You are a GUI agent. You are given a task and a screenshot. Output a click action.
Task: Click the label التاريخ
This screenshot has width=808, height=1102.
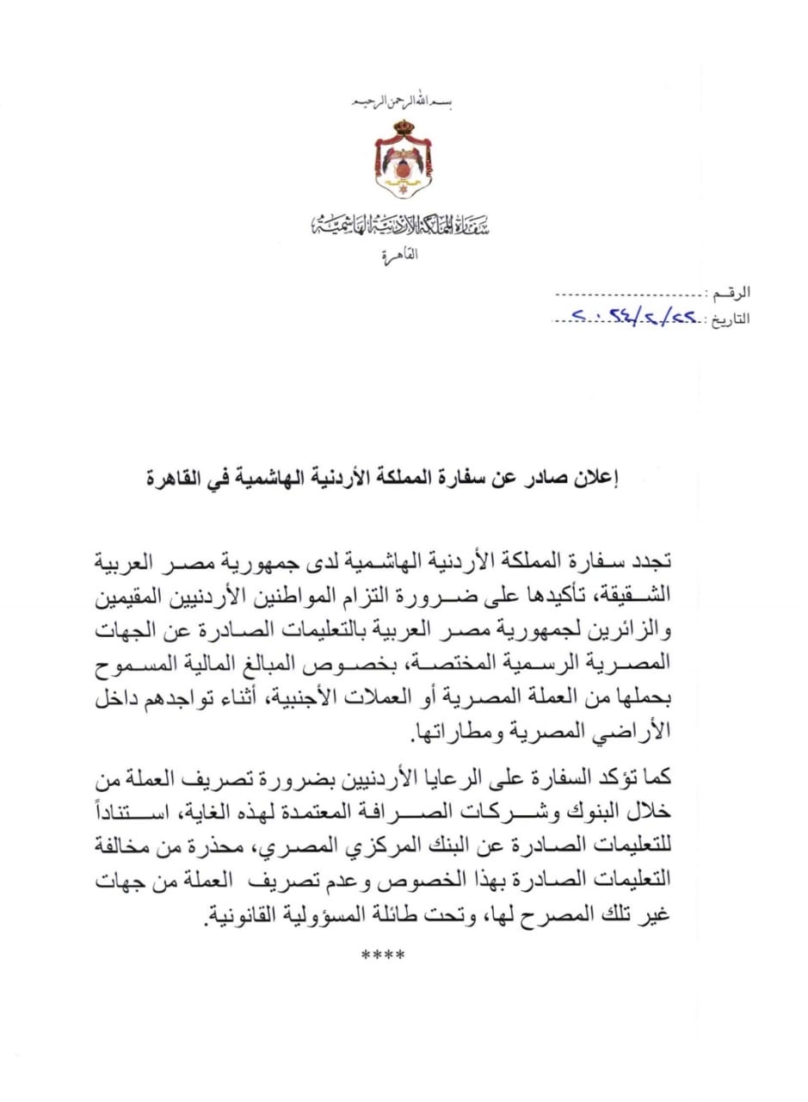[728, 319]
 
